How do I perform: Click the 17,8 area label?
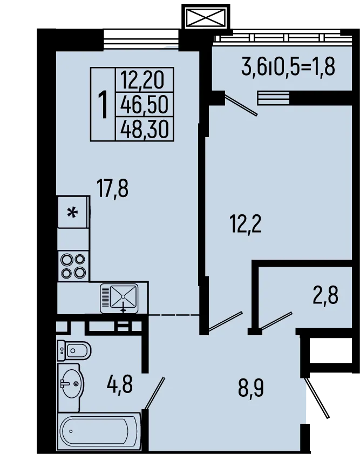(112, 189)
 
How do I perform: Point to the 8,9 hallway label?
(252, 388)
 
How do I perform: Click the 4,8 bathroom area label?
(119, 385)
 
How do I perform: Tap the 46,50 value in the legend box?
(145, 104)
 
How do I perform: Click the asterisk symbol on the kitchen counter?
(72, 212)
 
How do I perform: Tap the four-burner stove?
(73, 266)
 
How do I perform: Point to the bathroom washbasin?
(71, 384)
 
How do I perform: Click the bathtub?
(99, 432)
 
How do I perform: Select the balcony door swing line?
(241, 105)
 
